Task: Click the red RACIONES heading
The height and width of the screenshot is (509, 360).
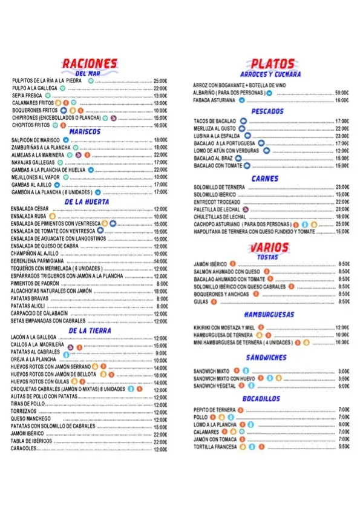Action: pyautogui.click(x=89, y=64)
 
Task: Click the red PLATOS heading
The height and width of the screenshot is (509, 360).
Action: pyautogui.click(x=272, y=64)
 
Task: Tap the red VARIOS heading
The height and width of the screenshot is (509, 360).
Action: pyautogui.click(x=268, y=248)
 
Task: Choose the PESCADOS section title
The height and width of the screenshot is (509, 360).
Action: pyautogui.click(x=267, y=111)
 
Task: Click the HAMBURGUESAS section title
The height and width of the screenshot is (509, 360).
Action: pyautogui.click(x=269, y=315)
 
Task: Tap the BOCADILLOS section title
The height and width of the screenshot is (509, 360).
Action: pyautogui.click(x=261, y=399)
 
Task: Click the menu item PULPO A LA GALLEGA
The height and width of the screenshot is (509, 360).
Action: pyautogui.click(x=34, y=88)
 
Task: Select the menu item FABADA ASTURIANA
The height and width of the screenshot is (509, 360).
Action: pyautogui.click(x=214, y=100)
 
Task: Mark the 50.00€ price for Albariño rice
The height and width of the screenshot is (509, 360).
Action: pyautogui.click(x=342, y=93)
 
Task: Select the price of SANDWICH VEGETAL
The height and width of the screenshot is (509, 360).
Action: pyautogui.click(x=343, y=386)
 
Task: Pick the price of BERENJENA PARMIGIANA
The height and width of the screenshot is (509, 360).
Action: pyautogui.click(x=160, y=260)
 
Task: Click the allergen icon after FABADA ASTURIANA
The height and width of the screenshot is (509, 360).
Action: pyautogui.click(x=241, y=100)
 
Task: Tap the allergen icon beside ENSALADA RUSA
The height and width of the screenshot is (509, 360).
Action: pyautogui.click(x=53, y=216)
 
